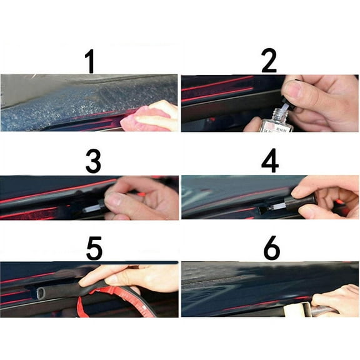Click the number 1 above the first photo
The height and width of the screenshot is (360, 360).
[91, 61]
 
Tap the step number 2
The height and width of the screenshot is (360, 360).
[269, 61]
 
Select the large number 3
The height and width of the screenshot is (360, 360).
[93, 162]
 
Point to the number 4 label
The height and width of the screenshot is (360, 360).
[270, 161]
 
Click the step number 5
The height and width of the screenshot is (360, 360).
[94, 248]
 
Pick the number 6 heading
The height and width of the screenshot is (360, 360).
[271, 248]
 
